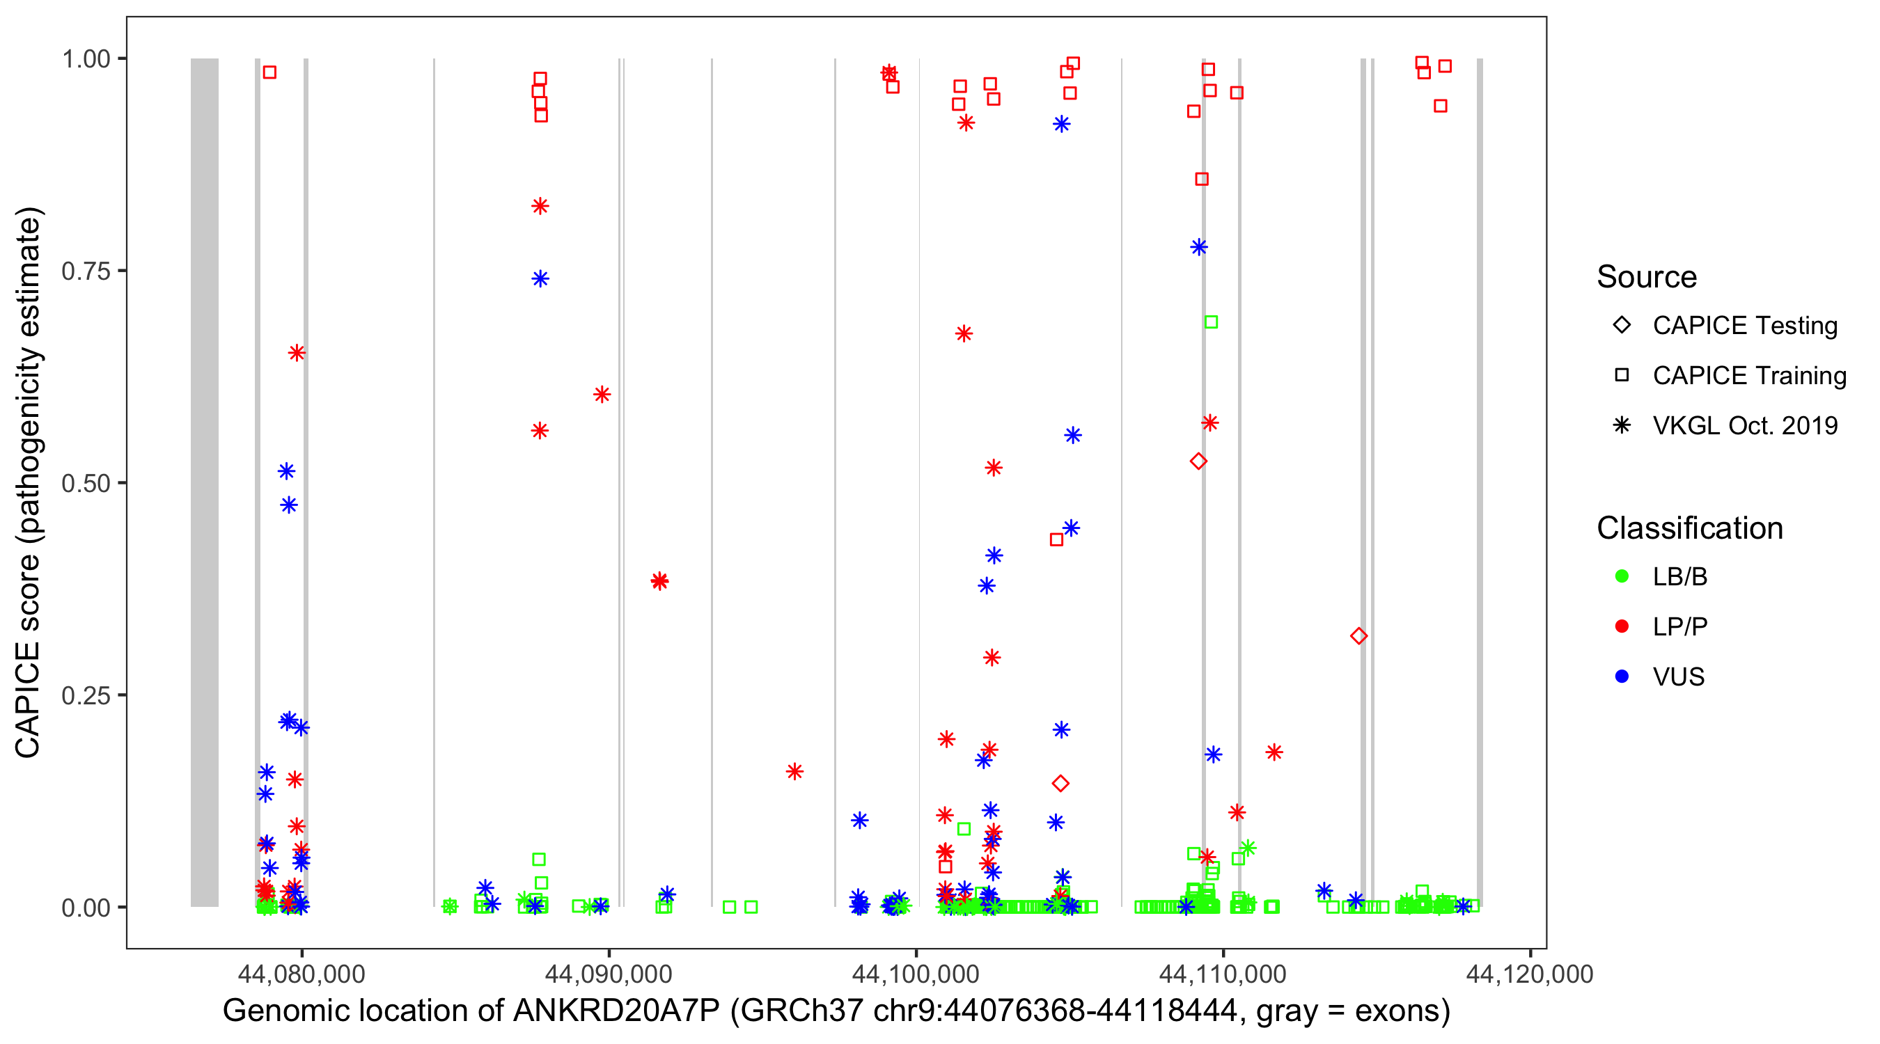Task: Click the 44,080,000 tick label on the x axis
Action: (301, 974)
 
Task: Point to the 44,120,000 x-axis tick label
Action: (1530, 974)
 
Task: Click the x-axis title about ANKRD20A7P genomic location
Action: (836, 1011)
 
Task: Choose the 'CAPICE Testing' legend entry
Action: (1744, 326)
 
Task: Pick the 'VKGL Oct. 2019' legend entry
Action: (1744, 425)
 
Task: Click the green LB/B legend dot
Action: (1622, 576)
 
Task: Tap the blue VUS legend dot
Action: (1622, 677)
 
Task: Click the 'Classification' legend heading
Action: (1689, 528)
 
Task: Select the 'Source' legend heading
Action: (1647, 277)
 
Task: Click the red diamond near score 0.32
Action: (1358, 636)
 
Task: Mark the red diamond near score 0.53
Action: (1198, 461)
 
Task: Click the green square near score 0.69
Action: (1211, 322)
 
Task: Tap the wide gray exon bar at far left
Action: (204, 482)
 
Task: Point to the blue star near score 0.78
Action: (1199, 247)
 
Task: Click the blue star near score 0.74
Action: (540, 278)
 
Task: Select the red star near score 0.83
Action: (540, 207)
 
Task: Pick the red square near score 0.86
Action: (1202, 180)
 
